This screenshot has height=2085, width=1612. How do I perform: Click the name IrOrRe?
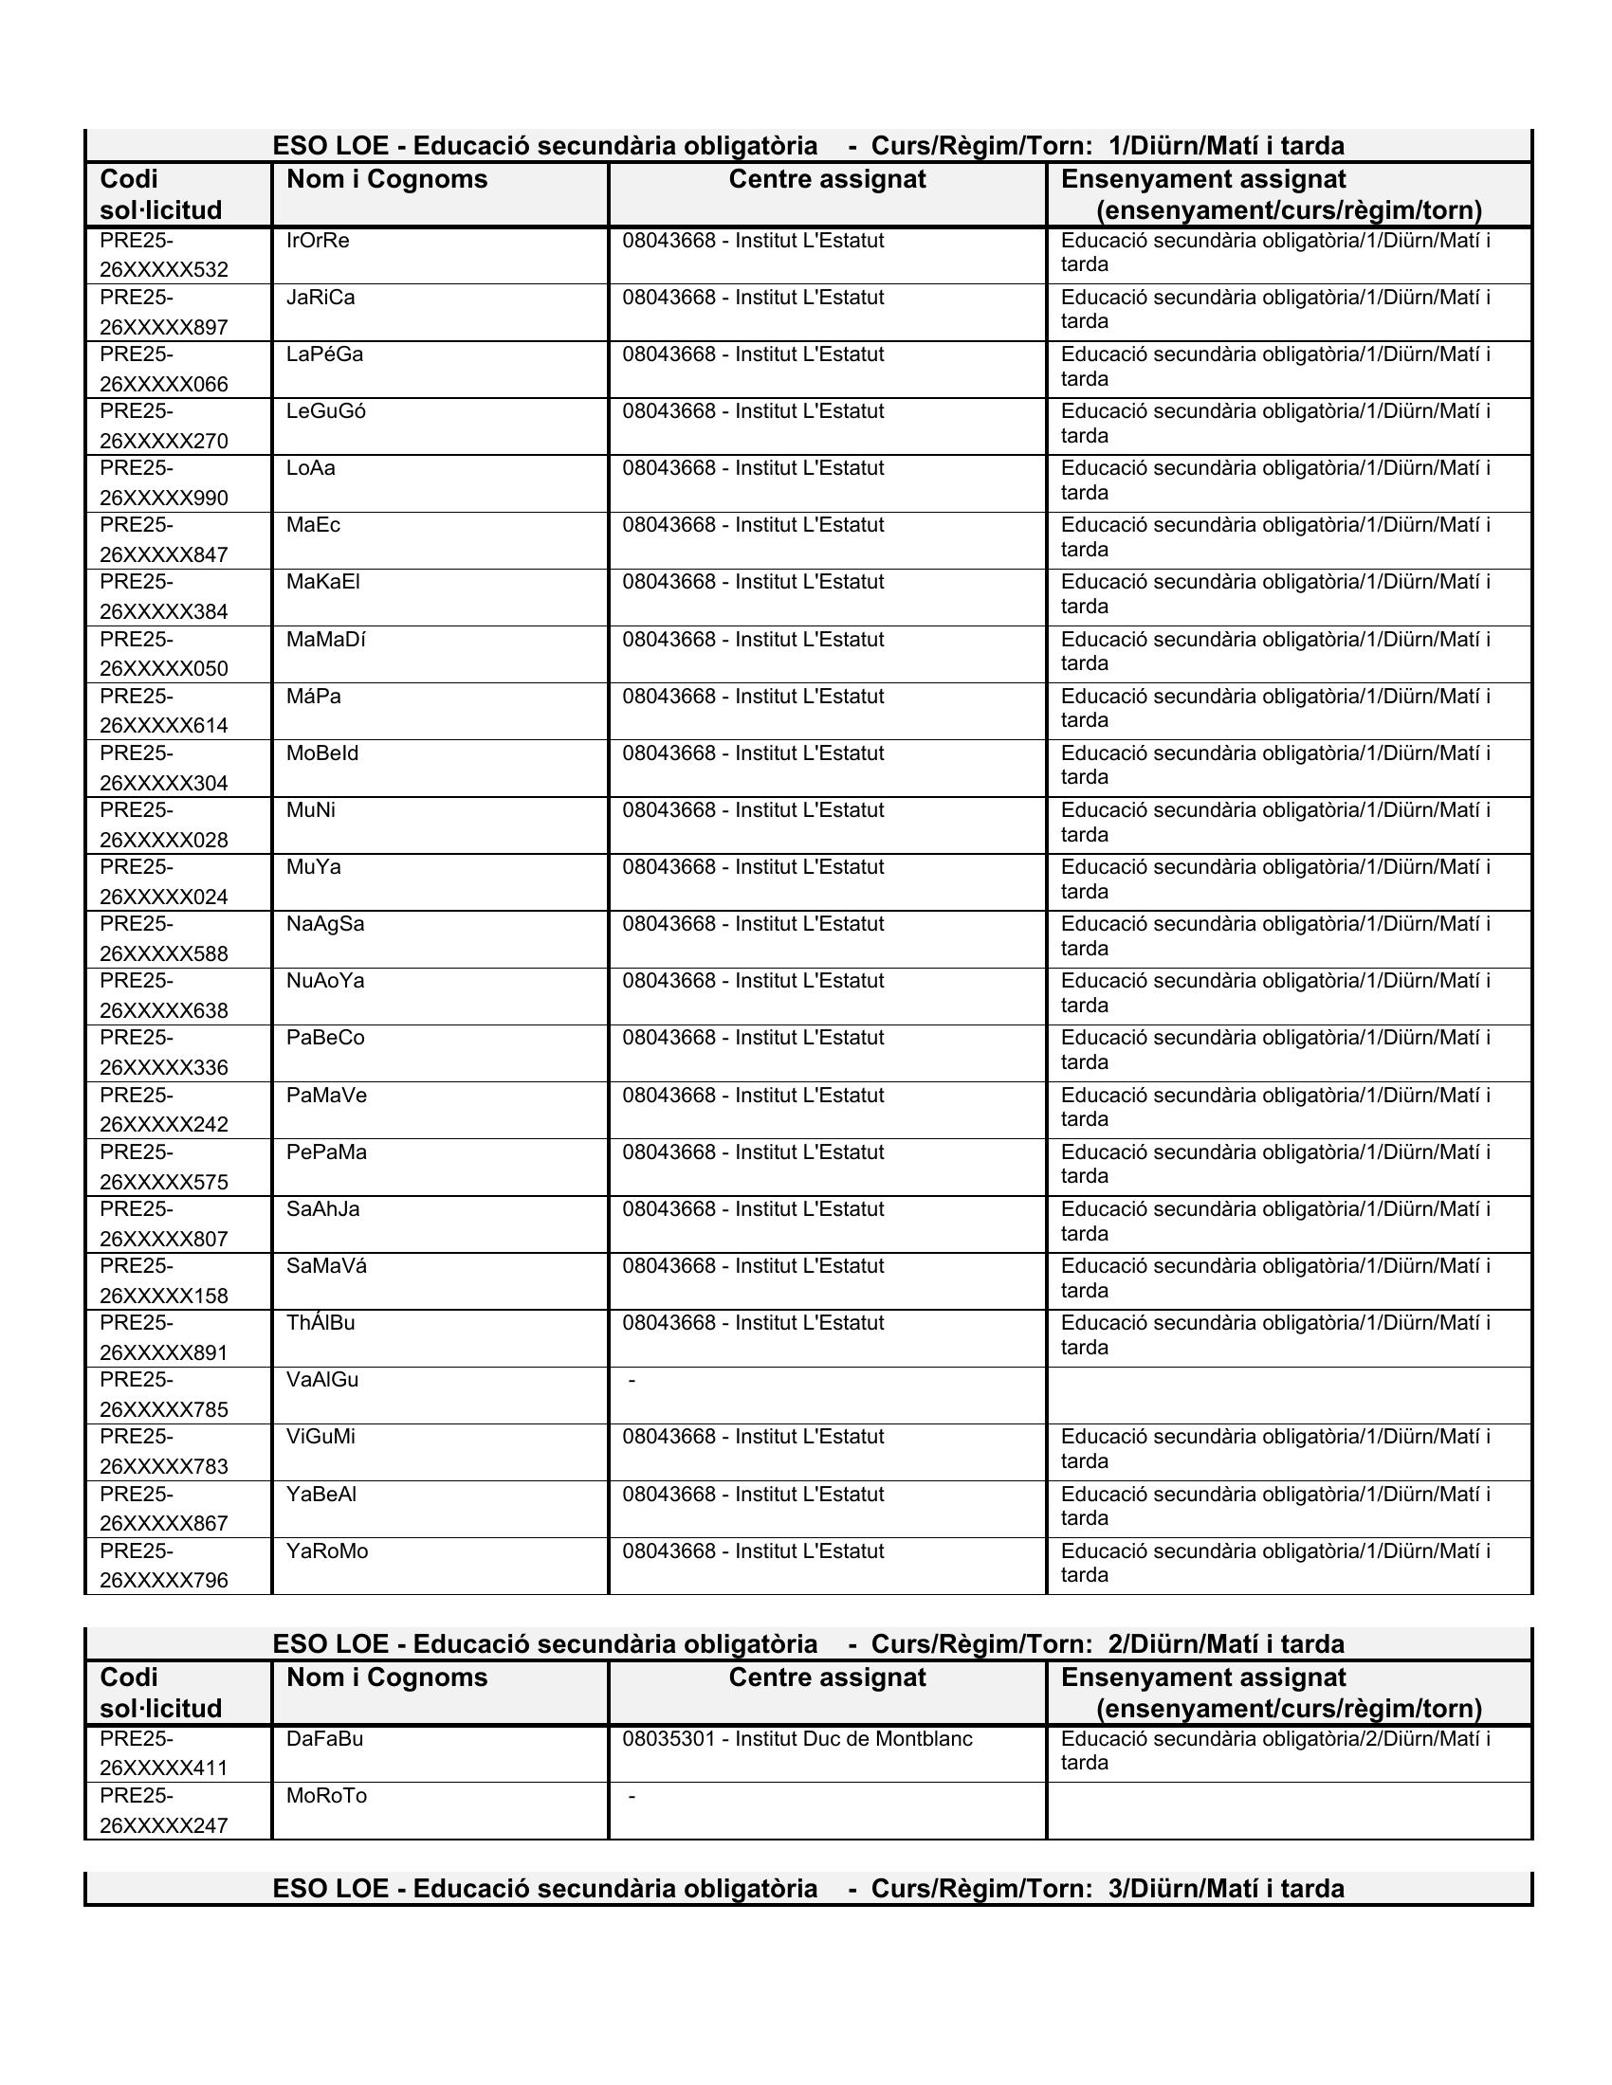coord(318,241)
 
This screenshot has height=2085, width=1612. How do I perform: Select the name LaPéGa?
coord(324,354)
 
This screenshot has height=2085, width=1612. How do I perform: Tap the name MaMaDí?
coord(325,640)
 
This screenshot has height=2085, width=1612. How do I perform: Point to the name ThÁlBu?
coord(321,1323)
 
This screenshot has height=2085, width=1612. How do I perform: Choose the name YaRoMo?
coord(327,1550)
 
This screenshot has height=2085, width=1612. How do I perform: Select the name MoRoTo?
coord(326,1796)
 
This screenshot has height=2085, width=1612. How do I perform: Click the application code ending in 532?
coord(163,255)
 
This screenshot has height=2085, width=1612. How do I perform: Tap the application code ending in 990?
coord(163,483)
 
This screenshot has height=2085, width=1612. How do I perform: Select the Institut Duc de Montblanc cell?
coord(797,1738)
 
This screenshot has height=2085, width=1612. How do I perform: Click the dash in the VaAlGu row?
coord(632,1381)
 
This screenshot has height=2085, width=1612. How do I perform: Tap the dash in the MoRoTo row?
coord(632,1797)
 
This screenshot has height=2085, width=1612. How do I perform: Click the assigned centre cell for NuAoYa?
coord(754,981)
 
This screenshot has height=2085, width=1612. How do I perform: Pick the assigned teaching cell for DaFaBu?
coord(1274,1750)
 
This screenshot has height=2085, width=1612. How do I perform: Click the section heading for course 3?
coord(808,1888)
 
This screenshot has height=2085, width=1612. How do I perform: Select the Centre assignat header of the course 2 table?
coord(827,1677)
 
